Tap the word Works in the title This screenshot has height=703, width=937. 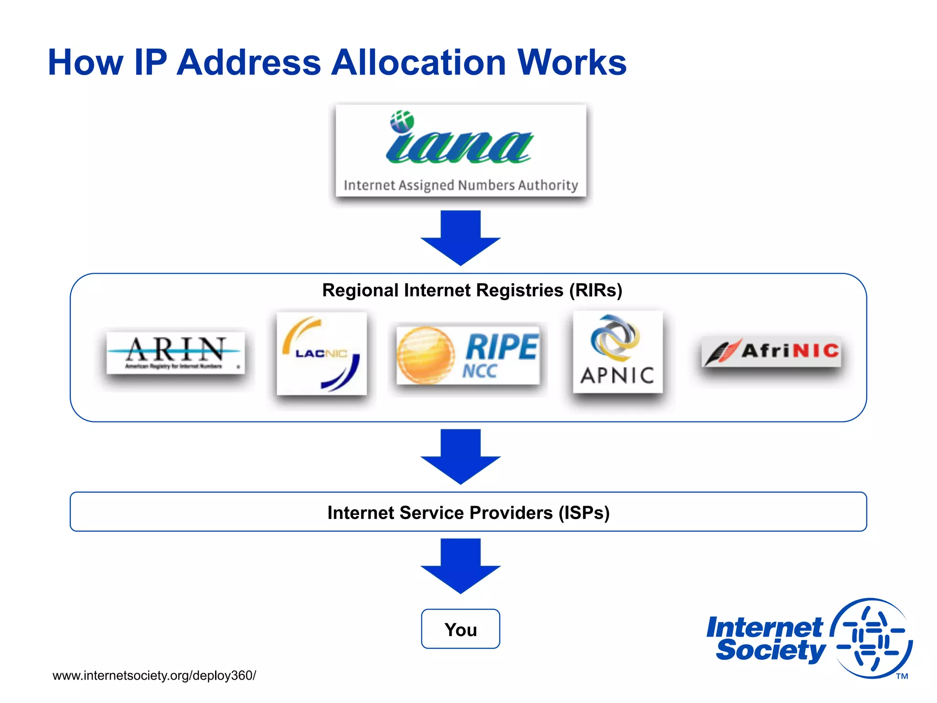click(572, 63)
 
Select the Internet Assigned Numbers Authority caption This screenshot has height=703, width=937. click(461, 185)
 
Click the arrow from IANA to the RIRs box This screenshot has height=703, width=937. click(460, 238)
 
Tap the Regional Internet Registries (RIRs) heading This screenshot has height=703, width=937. click(472, 290)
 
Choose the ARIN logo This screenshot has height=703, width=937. click(176, 352)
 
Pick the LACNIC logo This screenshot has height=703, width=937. click(322, 353)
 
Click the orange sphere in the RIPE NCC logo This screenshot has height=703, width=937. click(425, 355)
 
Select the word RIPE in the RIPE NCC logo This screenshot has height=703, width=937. click(502, 346)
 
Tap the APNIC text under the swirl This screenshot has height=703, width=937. click(617, 376)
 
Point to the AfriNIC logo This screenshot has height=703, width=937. click(771, 351)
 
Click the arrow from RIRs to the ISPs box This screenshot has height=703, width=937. click(460, 456)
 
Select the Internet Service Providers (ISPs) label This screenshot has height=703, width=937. click(468, 513)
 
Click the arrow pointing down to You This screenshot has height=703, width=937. click(460, 566)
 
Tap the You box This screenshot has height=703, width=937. click(460, 629)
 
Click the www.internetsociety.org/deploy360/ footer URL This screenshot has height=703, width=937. click(154, 676)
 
